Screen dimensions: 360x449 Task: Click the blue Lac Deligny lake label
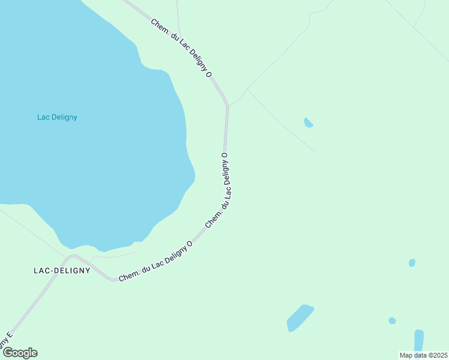point(57,117)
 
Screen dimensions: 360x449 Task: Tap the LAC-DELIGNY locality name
point(62,271)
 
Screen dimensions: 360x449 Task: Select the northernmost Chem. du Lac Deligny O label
point(182,48)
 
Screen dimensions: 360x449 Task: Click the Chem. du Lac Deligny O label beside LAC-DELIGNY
point(155,261)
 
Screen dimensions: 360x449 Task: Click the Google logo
point(20,353)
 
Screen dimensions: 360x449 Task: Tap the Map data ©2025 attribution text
point(423,355)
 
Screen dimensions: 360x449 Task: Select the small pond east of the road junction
point(309,123)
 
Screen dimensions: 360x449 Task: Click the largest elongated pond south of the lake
point(300,317)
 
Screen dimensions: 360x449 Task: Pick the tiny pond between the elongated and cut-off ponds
point(392,320)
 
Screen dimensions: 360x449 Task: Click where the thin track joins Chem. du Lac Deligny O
point(228,106)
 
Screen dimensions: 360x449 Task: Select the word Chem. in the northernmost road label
point(159,26)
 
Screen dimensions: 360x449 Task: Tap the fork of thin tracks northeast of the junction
point(247,90)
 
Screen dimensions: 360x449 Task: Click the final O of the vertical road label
point(225,155)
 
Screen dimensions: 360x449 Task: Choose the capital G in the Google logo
point(8,353)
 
